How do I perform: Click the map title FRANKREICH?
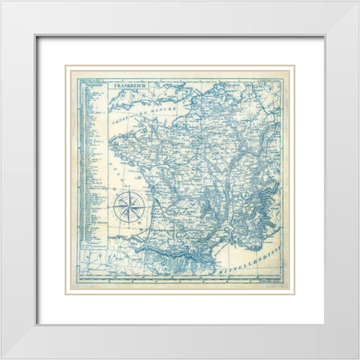click(128, 85)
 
